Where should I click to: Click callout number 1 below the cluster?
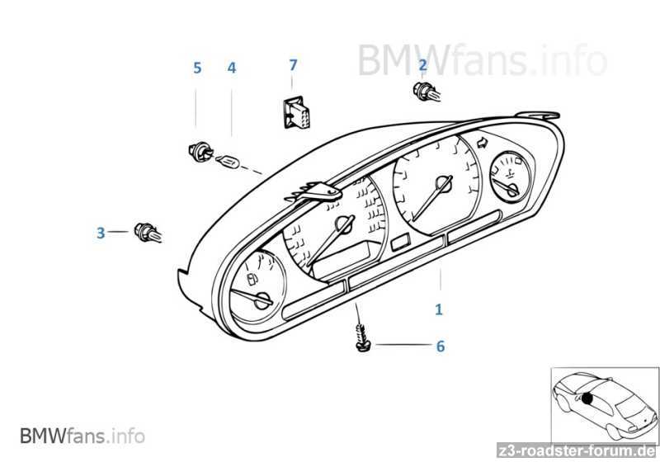point(439,310)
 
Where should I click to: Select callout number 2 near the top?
point(422,64)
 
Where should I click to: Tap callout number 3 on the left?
point(101,233)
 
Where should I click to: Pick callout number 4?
point(232,68)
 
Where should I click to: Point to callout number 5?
point(196,68)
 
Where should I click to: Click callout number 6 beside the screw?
point(440,346)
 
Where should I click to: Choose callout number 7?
point(292,64)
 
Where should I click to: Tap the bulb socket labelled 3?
point(148,233)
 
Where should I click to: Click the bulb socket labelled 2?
point(424,92)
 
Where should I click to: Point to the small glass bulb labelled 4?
point(226,161)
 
